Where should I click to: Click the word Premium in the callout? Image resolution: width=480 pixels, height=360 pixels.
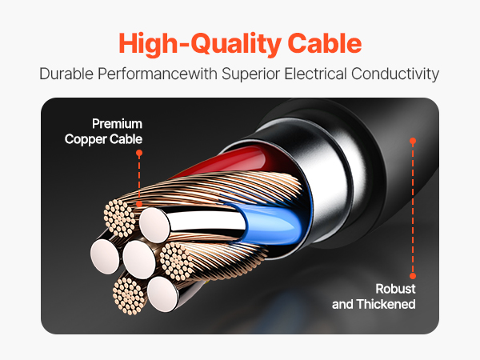[117, 124]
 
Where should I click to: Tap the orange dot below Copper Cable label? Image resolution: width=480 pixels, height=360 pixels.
[138, 151]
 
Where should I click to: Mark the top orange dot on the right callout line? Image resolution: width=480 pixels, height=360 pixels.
[413, 140]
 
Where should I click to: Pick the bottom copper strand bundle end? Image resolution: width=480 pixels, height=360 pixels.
[129, 295]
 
